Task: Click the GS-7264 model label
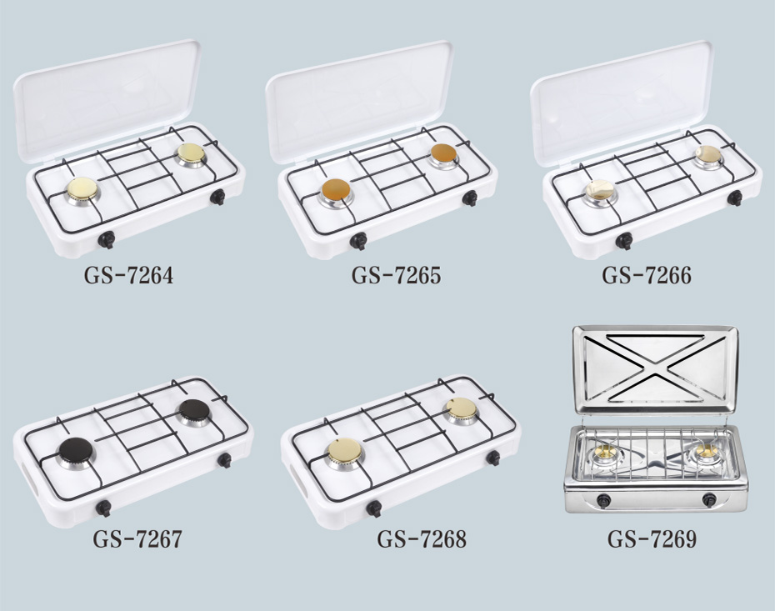pyautogui.click(x=128, y=275)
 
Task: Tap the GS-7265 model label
pyautogui.click(x=396, y=275)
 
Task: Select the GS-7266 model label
pyautogui.click(x=647, y=275)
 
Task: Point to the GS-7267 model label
pyautogui.click(x=137, y=538)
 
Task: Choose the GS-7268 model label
pyautogui.click(x=422, y=538)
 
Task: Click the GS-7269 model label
pyautogui.click(x=652, y=538)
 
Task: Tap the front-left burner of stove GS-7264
pyautogui.click(x=82, y=191)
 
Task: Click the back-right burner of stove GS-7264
pyautogui.click(x=192, y=155)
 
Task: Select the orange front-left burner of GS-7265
pyautogui.click(x=336, y=192)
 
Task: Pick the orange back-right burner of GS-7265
pyautogui.click(x=444, y=156)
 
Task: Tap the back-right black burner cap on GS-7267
pyautogui.click(x=194, y=413)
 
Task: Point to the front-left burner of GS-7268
pyautogui.click(x=345, y=453)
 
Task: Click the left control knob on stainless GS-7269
pyautogui.click(x=603, y=500)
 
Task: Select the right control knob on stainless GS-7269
pyautogui.click(x=709, y=500)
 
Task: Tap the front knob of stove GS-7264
pyautogui.click(x=107, y=240)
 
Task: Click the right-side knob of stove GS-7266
pyautogui.click(x=734, y=198)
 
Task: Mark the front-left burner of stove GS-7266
pyautogui.click(x=599, y=193)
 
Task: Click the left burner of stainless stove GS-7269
pyautogui.click(x=607, y=453)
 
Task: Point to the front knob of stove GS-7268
pyautogui.click(x=373, y=508)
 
